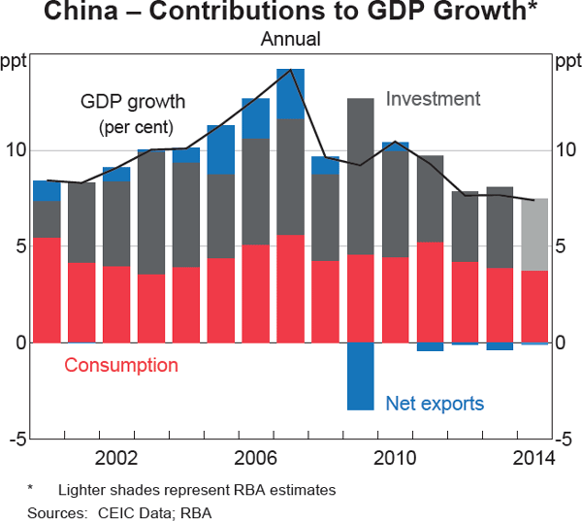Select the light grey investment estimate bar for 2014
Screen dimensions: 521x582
coord(533,234)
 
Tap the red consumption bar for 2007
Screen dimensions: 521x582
coord(290,289)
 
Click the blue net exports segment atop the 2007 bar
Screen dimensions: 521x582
coord(290,93)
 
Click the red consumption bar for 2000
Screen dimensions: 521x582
coord(47,290)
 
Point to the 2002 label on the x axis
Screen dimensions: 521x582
coord(115,458)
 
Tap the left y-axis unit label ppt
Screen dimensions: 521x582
coord(15,64)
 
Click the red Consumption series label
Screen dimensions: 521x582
coord(121,366)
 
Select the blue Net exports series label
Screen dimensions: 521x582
coord(435,403)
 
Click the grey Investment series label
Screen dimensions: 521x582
coord(433,99)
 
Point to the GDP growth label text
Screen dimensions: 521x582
coord(133,102)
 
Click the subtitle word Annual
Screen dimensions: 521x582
coord(290,40)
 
